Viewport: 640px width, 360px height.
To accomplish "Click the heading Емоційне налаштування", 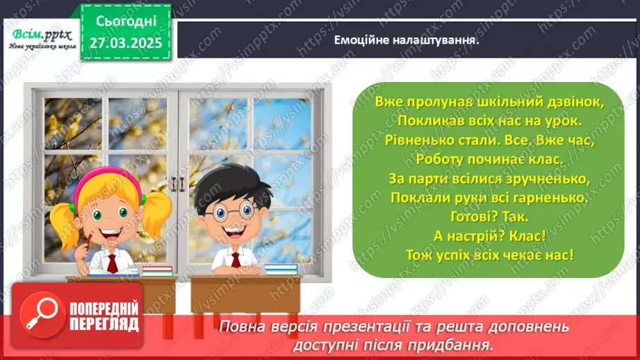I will (x=409, y=40).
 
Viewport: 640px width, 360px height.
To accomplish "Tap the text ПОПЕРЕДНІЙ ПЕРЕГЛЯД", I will (x=103, y=317).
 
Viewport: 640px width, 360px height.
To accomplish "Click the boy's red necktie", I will (x=236, y=260).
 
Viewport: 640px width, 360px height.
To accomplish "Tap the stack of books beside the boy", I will (x=281, y=268).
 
